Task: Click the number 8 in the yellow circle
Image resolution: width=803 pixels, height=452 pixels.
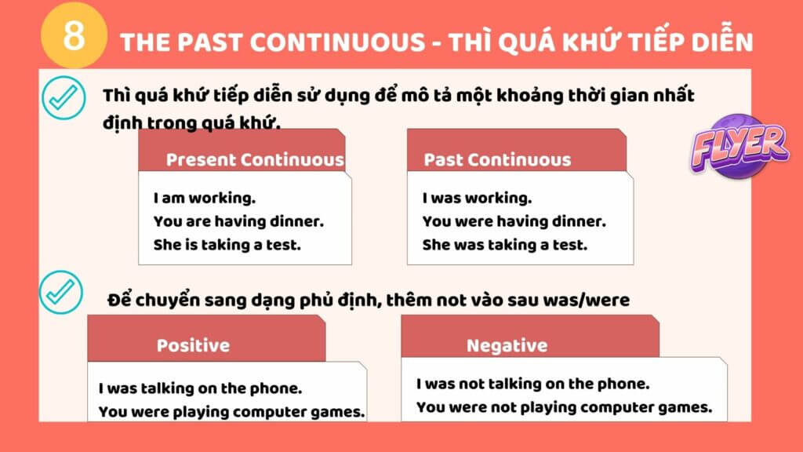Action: tap(74, 36)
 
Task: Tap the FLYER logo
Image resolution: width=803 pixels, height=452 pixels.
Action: tap(739, 147)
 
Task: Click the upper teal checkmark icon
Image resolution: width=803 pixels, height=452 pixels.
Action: tap(64, 97)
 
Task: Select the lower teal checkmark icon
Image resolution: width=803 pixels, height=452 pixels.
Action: tap(61, 292)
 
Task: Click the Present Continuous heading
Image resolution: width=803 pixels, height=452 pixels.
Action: tap(255, 160)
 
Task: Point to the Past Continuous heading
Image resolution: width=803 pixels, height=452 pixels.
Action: tap(497, 160)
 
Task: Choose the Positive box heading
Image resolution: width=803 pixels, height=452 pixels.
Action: tap(193, 345)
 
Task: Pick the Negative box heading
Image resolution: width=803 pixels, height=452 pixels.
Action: tap(507, 346)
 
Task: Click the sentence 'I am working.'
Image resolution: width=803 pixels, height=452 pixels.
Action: tap(205, 198)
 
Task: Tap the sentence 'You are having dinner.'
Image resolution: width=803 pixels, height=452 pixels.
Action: tap(238, 221)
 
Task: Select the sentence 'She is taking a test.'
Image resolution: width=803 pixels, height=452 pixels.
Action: tap(227, 245)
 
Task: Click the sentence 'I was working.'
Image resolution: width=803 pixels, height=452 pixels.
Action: tap(477, 198)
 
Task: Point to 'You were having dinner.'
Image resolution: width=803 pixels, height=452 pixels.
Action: tap(514, 221)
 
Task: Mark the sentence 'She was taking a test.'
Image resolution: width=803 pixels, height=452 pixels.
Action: tap(505, 245)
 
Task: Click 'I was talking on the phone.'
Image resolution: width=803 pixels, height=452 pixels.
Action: tap(200, 388)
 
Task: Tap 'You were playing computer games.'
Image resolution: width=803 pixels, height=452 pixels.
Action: tap(232, 411)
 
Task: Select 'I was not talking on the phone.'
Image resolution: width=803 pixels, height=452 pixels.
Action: tap(532, 384)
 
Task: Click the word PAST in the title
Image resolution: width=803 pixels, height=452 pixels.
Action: tap(210, 42)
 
